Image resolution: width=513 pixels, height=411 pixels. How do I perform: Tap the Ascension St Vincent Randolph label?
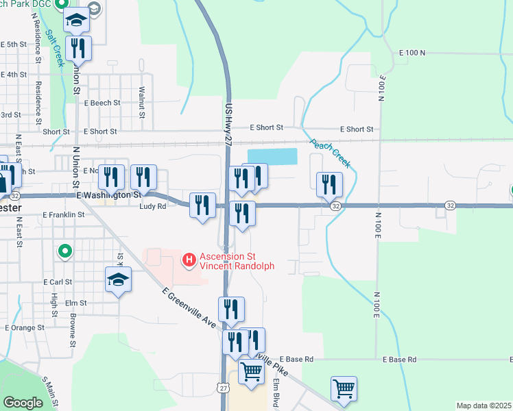point(236,262)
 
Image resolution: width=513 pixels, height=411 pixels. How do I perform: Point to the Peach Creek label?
point(331,153)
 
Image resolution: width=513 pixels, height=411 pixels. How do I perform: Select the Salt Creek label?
point(55,47)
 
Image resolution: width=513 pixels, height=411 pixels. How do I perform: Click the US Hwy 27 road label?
point(228,123)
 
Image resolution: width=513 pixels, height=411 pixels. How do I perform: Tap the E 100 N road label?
point(412,53)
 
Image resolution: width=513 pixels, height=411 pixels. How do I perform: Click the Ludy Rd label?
point(152,206)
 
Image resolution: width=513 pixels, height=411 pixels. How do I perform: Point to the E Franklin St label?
point(63,214)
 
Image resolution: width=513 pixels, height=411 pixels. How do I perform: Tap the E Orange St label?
point(25,327)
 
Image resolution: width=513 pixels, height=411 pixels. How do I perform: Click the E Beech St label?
point(102,103)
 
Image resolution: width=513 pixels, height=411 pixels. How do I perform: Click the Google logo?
point(23,403)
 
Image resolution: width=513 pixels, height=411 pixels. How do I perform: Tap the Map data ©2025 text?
point(484,406)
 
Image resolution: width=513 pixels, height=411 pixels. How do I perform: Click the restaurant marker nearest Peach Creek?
point(329,184)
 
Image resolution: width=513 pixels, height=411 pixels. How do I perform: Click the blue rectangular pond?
point(272,156)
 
